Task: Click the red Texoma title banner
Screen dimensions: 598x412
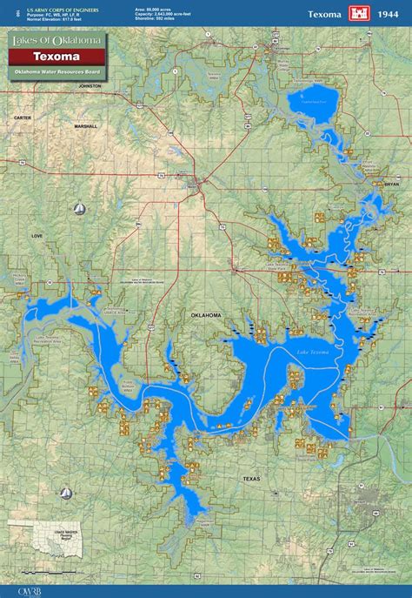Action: pyautogui.click(x=58, y=56)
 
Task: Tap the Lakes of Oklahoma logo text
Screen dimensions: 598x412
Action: pyautogui.click(x=57, y=41)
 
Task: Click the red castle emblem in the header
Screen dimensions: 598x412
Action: pyautogui.click(x=359, y=13)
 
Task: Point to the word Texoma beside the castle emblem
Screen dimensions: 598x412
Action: pyautogui.click(x=324, y=14)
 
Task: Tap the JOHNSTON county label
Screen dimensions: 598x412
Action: pyautogui.click(x=90, y=87)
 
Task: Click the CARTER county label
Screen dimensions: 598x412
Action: pyautogui.click(x=23, y=117)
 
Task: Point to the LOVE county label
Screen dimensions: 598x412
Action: pyautogui.click(x=37, y=235)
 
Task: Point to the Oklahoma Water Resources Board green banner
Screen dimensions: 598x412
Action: pyautogui.click(x=58, y=71)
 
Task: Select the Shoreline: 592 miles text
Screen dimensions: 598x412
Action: pyautogui.click(x=160, y=17)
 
